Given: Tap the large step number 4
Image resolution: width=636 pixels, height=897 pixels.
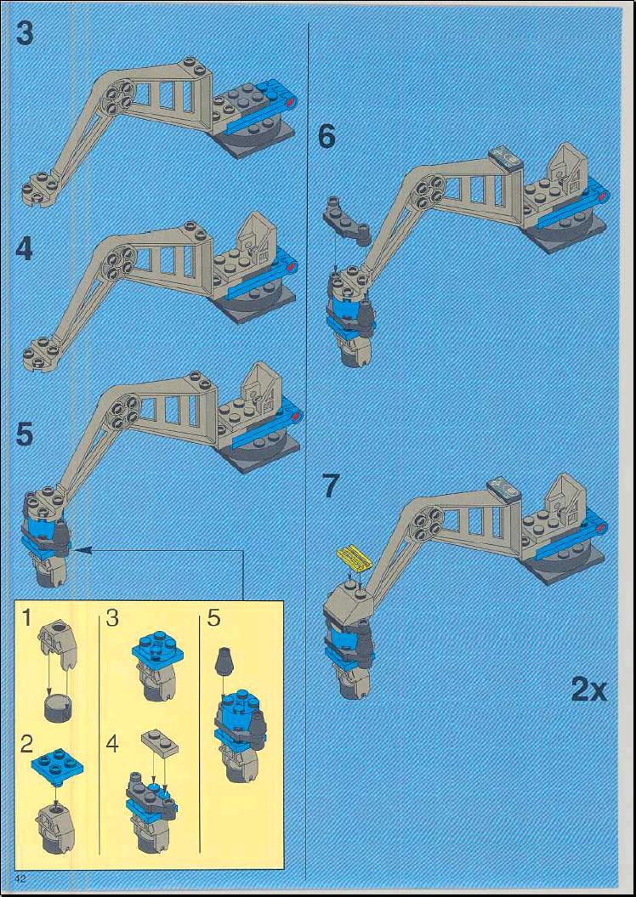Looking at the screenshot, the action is [24, 249].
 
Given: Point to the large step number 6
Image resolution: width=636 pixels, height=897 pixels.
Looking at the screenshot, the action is [327, 137].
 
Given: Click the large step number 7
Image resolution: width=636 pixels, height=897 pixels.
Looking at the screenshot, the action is [331, 485].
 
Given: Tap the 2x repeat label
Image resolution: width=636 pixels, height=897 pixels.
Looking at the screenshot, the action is [588, 690].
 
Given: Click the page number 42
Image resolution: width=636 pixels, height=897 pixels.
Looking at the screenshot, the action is [22, 878].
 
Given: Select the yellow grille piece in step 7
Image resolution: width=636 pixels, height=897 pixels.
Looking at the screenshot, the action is [354, 556].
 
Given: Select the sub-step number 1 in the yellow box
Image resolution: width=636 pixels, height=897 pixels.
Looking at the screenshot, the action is [26, 618].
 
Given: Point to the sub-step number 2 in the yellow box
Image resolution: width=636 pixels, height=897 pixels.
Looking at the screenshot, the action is [26, 744].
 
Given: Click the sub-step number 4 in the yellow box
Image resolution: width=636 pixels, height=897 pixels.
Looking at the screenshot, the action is [112, 744].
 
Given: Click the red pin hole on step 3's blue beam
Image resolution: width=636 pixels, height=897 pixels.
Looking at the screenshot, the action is [292, 102].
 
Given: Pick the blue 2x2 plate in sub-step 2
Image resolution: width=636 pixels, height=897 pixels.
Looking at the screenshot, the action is [58, 765].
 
